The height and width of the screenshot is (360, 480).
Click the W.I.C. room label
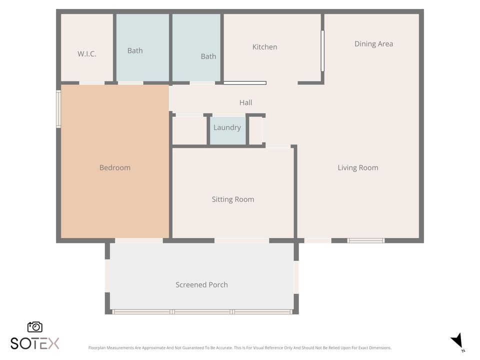click(x=86, y=54)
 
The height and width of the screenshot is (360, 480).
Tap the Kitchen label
click(x=264, y=47)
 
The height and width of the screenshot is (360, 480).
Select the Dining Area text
click(x=373, y=44)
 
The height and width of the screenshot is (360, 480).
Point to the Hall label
click(x=245, y=102)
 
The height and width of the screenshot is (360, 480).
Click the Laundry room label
click(x=227, y=127)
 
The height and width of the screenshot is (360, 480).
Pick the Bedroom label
click(x=114, y=167)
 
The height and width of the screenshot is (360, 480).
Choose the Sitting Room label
click(x=232, y=199)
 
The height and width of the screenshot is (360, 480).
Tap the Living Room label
click(x=357, y=167)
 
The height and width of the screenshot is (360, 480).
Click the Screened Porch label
click(x=201, y=285)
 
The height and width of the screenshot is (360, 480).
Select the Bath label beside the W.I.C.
click(x=135, y=50)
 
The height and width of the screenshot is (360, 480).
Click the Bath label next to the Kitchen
click(x=208, y=56)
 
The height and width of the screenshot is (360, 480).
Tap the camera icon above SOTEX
click(x=35, y=327)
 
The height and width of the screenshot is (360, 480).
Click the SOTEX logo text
click(x=35, y=343)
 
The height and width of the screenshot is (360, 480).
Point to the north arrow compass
click(x=457, y=341)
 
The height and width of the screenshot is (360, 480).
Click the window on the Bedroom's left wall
click(x=58, y=108)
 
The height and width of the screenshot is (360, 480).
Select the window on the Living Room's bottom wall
click(x=366, y=240)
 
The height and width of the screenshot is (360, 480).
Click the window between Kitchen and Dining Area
click(x=322, y=50)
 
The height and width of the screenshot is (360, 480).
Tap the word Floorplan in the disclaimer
click(x=98, y=348)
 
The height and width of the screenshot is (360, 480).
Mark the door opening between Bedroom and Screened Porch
click(x=138, y=240)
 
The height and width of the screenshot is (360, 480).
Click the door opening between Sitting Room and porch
click(x=241, y=240)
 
